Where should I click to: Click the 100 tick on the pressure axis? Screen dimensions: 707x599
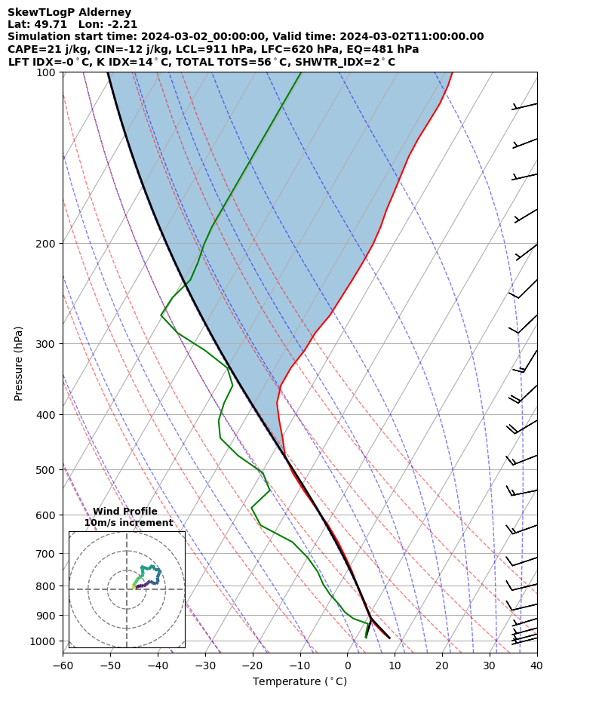(x=48, y=72)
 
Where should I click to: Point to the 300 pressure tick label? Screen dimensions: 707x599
(x=48, y=344)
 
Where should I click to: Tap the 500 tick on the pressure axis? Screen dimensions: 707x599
(x=48, y=470)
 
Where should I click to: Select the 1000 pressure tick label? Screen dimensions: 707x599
(x=45, y=641)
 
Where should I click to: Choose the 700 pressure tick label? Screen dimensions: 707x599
(x=48, y=553)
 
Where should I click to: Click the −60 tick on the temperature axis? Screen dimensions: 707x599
(x=63, y=666)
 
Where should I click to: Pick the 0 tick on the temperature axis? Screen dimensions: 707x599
(x=348, y=666)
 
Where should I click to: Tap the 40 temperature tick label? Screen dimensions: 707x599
(x=536, y=666)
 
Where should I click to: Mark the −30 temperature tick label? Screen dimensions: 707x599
(x=205, y=666)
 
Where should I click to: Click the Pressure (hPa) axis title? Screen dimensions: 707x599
(x=19, y=363)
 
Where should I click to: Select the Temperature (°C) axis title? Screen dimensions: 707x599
(x=299, y=682)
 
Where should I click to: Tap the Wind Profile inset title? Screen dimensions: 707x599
(x=125, y=512)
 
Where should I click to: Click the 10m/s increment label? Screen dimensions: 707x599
(x=128, y=523)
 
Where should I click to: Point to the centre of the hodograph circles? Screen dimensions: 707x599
(x=127, y=589)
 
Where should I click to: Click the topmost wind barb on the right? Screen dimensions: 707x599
(x=524, y=106)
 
